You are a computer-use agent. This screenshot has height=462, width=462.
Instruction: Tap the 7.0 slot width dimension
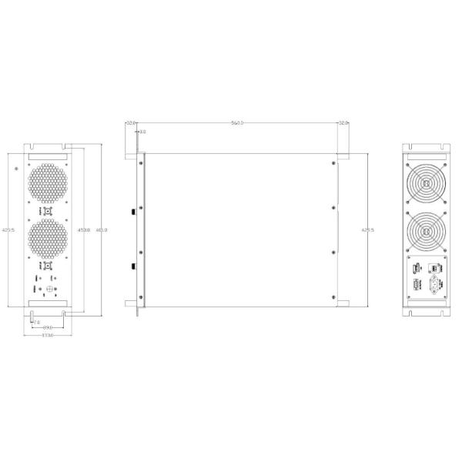coord(36,321)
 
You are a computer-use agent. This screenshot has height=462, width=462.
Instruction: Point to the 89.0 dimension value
coord(47,328)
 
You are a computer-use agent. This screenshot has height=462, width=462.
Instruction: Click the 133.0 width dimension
coord(47,336)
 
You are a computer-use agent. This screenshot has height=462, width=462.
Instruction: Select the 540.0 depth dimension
coord(237,123)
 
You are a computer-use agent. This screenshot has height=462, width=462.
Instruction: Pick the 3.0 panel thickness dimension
coord(142,132)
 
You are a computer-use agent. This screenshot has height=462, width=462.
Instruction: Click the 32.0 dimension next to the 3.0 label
coord(131,123)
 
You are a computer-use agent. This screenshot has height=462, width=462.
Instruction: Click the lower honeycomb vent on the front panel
coord(48,239)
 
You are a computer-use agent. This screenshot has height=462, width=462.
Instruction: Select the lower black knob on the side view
coord(133,266)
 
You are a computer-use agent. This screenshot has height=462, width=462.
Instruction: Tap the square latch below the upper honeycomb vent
coord(48,210)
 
